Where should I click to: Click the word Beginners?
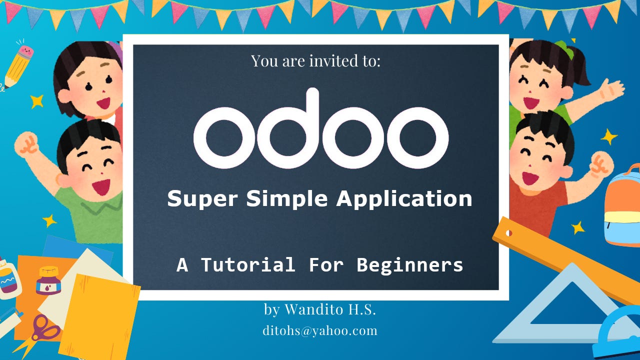click(x=410, y=264)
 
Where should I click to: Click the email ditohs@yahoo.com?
click(x=320, y=330)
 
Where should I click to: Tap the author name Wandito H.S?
click(x=330, y=309)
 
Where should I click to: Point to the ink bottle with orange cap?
click(x=48, y=280)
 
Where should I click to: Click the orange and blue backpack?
click(x=622, y=205)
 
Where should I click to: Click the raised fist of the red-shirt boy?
click(x=601, y=164)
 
